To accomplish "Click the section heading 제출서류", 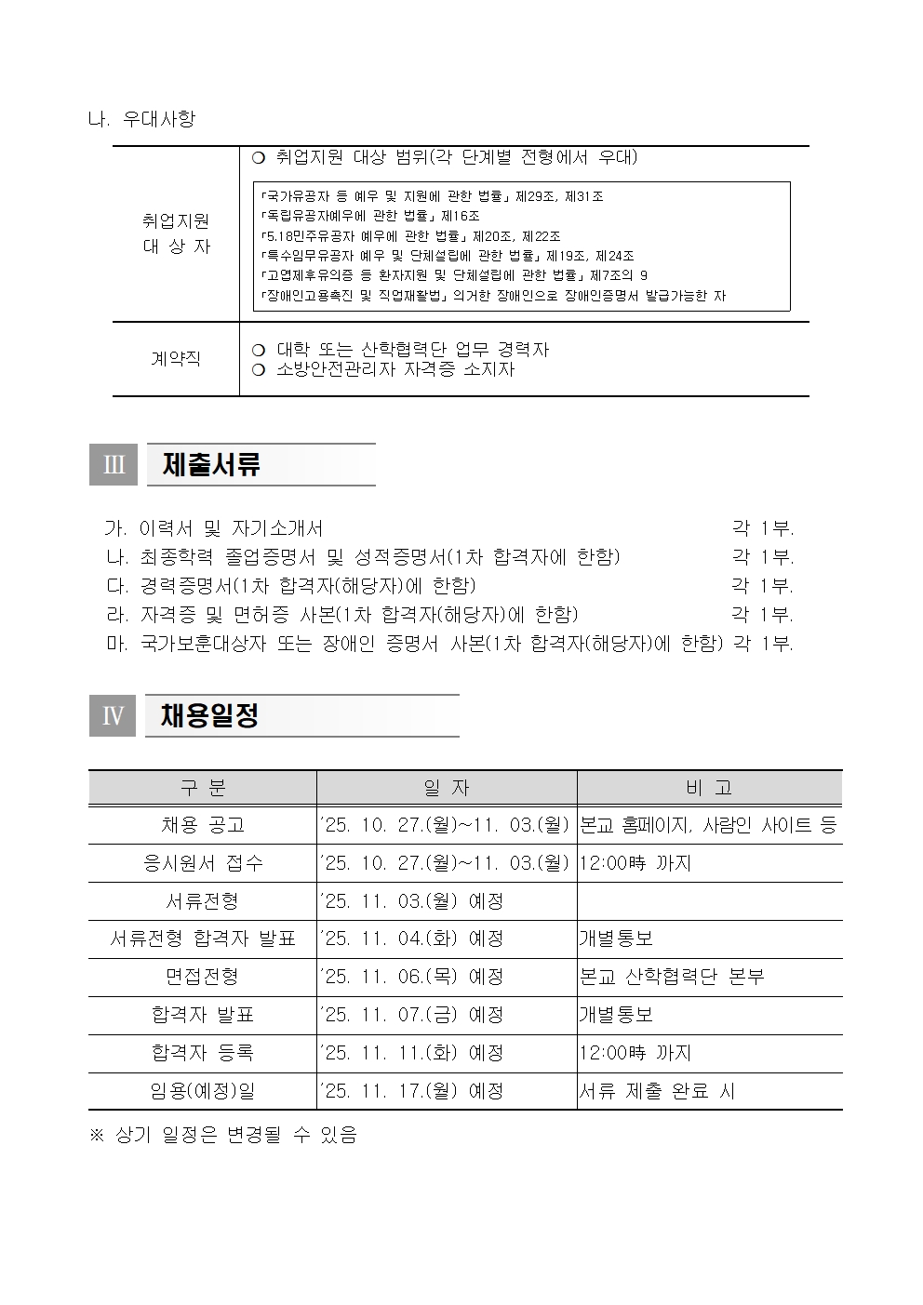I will pos(211,464).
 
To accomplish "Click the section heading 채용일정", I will pos(209,715).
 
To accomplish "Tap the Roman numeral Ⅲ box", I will pos(113,464).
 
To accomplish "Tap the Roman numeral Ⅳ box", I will pos(112,715).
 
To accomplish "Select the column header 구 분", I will pos(203,788).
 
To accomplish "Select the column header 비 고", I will pos(709,788).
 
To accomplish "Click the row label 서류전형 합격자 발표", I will pos(203,939).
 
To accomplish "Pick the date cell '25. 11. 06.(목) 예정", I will pos(411,977).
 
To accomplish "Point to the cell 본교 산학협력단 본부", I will pos(671,977).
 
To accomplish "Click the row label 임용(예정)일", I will pos(203,1091).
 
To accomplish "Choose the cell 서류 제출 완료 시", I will pos(657,1091).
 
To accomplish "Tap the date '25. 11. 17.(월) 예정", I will pos(411,1091).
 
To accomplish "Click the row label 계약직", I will pos(176,358).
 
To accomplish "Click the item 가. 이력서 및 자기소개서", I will pos(214,528).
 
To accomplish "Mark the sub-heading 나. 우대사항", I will pos(141,119).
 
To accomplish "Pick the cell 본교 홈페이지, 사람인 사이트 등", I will pos(708,825).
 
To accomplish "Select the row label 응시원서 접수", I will pos(203,863).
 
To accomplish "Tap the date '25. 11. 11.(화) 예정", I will pos(411,1053).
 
